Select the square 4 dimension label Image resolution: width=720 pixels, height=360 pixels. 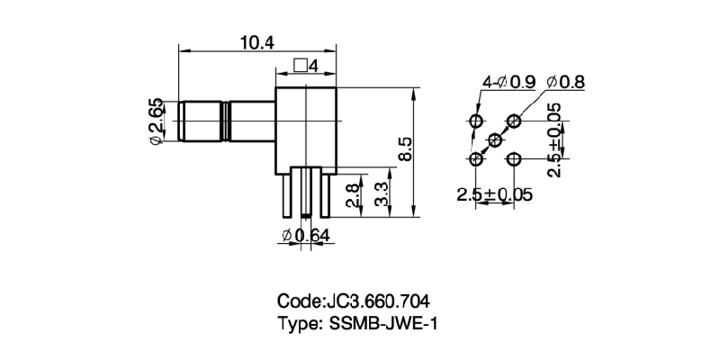307,67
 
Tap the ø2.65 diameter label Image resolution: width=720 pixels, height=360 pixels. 156,121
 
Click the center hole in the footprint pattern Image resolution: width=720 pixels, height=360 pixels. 495,139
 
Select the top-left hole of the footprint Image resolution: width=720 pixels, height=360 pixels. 476,121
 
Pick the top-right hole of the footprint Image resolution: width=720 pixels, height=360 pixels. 514,121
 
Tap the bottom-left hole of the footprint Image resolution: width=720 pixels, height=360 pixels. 476,159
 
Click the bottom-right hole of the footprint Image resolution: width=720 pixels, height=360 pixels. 514,159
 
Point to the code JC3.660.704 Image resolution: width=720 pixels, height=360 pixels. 359,301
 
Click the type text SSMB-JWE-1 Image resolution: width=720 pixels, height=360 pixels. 359,323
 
